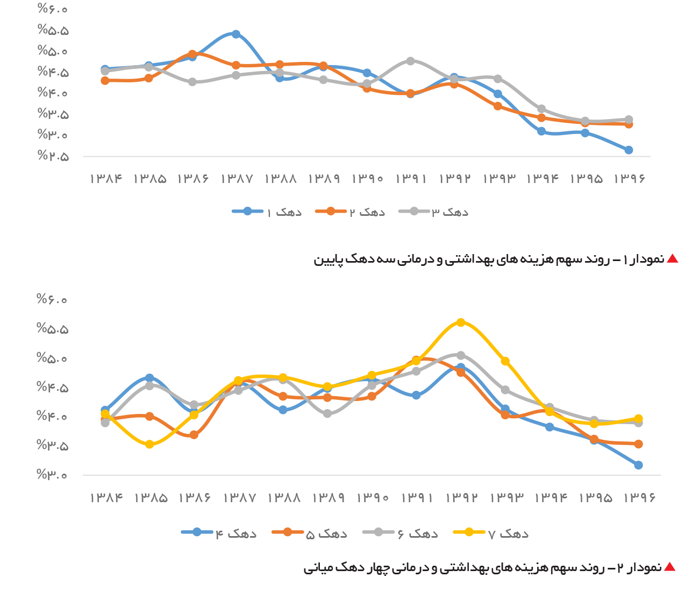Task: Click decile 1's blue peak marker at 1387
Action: coord(236,34)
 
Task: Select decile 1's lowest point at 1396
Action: coord(629,150)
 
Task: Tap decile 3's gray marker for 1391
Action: coord(410,61)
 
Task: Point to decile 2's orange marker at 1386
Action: coord(192,54)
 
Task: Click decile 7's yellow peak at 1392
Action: coord(461,322)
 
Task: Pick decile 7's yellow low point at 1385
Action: coord(149,445)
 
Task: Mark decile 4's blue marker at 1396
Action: coord(638,465)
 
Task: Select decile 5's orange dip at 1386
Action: coord(194,435)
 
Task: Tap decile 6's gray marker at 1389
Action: coord(327,414)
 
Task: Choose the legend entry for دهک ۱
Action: coord(267,212)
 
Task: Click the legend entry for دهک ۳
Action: coord(433,212)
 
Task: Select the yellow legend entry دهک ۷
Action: coord(491,533)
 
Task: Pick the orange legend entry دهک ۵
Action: coord(310,533)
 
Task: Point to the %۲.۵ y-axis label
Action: coord(53,156)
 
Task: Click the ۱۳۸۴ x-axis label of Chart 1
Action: coord(106,179)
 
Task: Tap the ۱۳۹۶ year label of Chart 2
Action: coord(639,498)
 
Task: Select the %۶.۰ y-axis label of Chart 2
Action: coord(52,299)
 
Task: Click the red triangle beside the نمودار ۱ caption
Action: coord(672,259)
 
